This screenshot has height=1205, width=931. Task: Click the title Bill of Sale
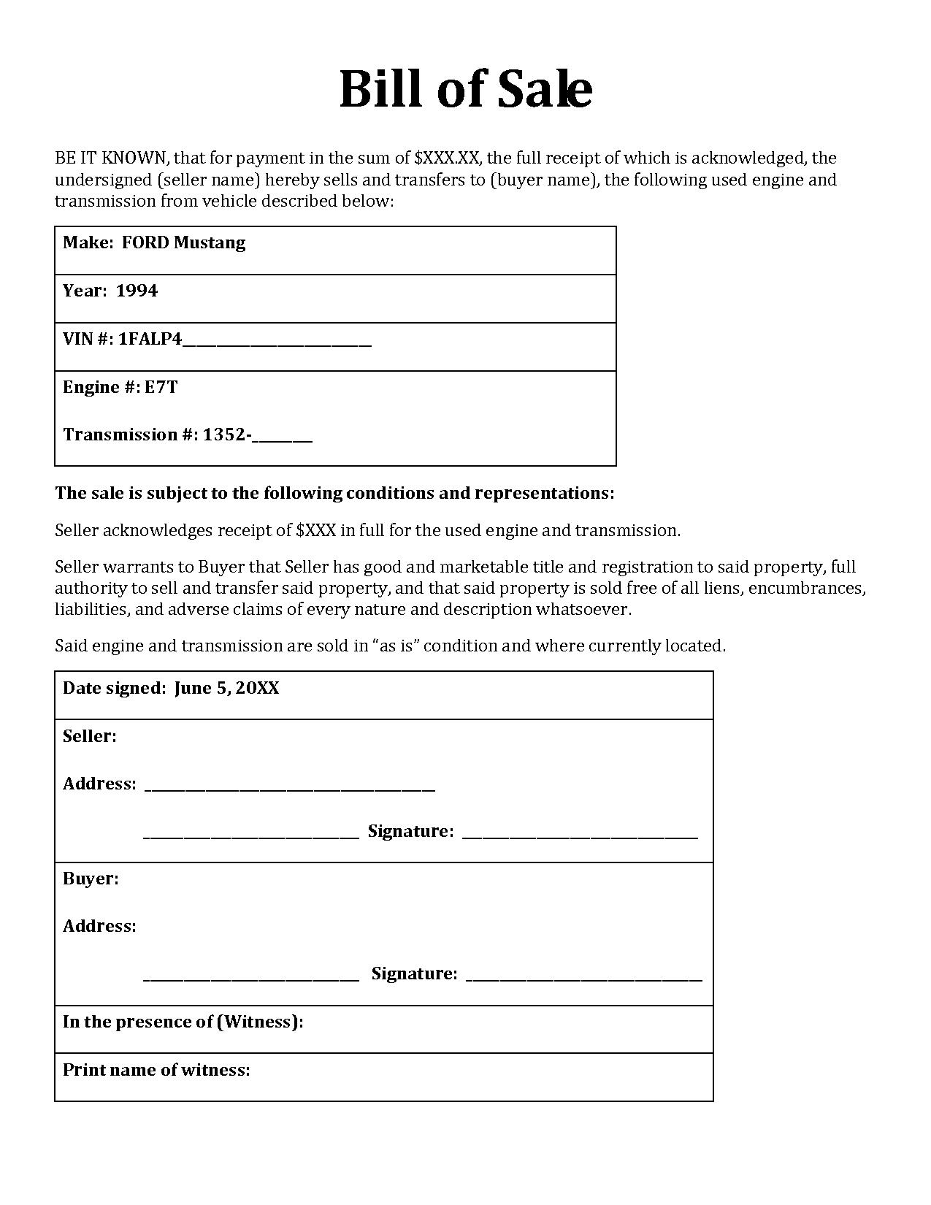[x=465, y=89]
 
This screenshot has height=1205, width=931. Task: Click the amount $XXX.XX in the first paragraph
[x=447, y=158]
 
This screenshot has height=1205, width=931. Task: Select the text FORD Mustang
[x=183, y=242]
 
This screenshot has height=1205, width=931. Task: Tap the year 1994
[x=137, y=291]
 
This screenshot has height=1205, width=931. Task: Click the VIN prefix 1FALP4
[x=150, y=339]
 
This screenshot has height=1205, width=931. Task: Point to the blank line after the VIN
[x=277, y=343]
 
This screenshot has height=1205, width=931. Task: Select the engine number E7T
[x=161, y=387]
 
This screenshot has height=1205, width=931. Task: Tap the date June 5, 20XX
[x=226, y=688]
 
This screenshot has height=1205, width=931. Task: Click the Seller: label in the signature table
[x=89, y=736]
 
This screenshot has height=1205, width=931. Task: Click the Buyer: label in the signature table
[x=91, y=879]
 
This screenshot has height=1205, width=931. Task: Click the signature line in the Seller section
[x=580, y=836]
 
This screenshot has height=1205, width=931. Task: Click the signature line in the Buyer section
[x=583, y=979]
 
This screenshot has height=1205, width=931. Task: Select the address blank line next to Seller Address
[x=290, y=789]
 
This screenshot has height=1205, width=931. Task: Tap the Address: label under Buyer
[x=99, y=926]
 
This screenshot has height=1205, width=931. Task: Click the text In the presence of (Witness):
[x=183, y=1022]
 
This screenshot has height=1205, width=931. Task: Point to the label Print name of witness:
[x=156, y=1070]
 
